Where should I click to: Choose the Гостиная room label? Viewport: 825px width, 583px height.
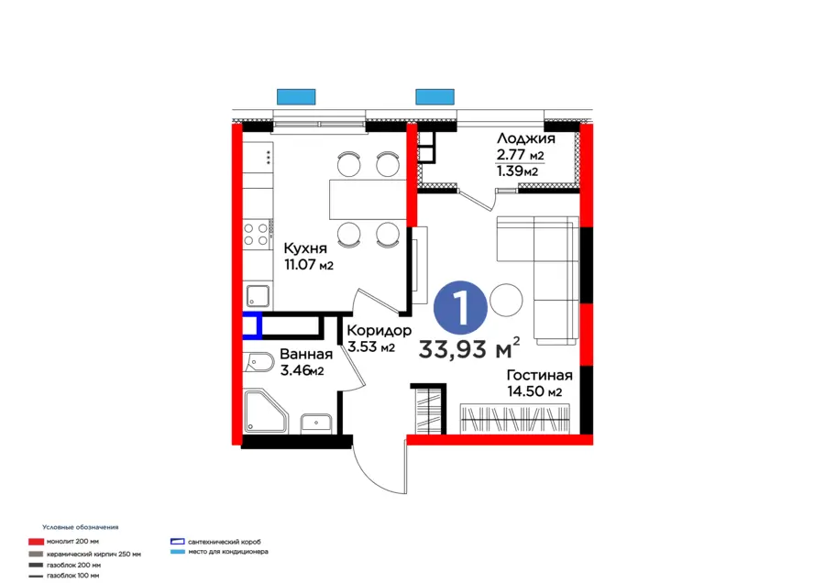pos(540,375)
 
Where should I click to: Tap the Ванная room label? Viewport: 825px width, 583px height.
pos(306,355)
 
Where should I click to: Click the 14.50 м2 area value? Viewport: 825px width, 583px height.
pos(534,392)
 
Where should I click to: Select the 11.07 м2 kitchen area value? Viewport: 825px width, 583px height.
pos(307,266)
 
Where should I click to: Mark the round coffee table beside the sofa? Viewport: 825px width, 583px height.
pos(505,299)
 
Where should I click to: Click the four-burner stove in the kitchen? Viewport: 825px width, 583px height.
pos(257,234)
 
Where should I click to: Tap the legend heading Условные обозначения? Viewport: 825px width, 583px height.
pos(81,528)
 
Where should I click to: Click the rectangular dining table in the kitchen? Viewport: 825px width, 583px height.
pos(368,199)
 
